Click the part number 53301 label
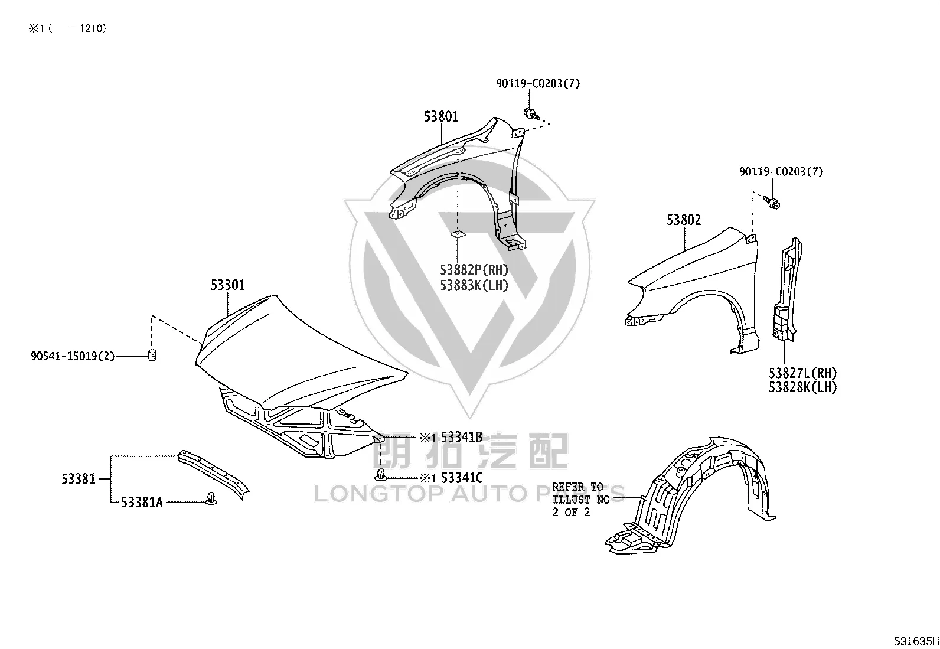click(x=227, y=285)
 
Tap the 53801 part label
click(x=441, y=116)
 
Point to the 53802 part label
click(x=684, y=220)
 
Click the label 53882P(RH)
click(x=474, y=269)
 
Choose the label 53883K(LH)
click(x=474, y=285)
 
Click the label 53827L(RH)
click(x=802, y=373)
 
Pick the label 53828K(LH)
click(x=802, y=387)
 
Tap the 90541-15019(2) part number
click(x=73, y=356)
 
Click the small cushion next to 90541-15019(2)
click(x=152, y=355)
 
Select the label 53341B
click(x=462, y=437)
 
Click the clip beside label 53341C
click(x=380, y=475)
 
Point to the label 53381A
click(x=142, y=502)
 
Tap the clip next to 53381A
click(x=211, y=499)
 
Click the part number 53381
click(x=79, y=479)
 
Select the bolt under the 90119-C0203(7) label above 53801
click(x=531, y=113)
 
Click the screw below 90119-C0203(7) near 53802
click(x=772, y=203)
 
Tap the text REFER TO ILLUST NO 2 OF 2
click(x=581, y=500)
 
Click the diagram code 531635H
click(x=916, y=641)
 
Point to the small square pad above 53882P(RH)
click(x=458, y=234)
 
